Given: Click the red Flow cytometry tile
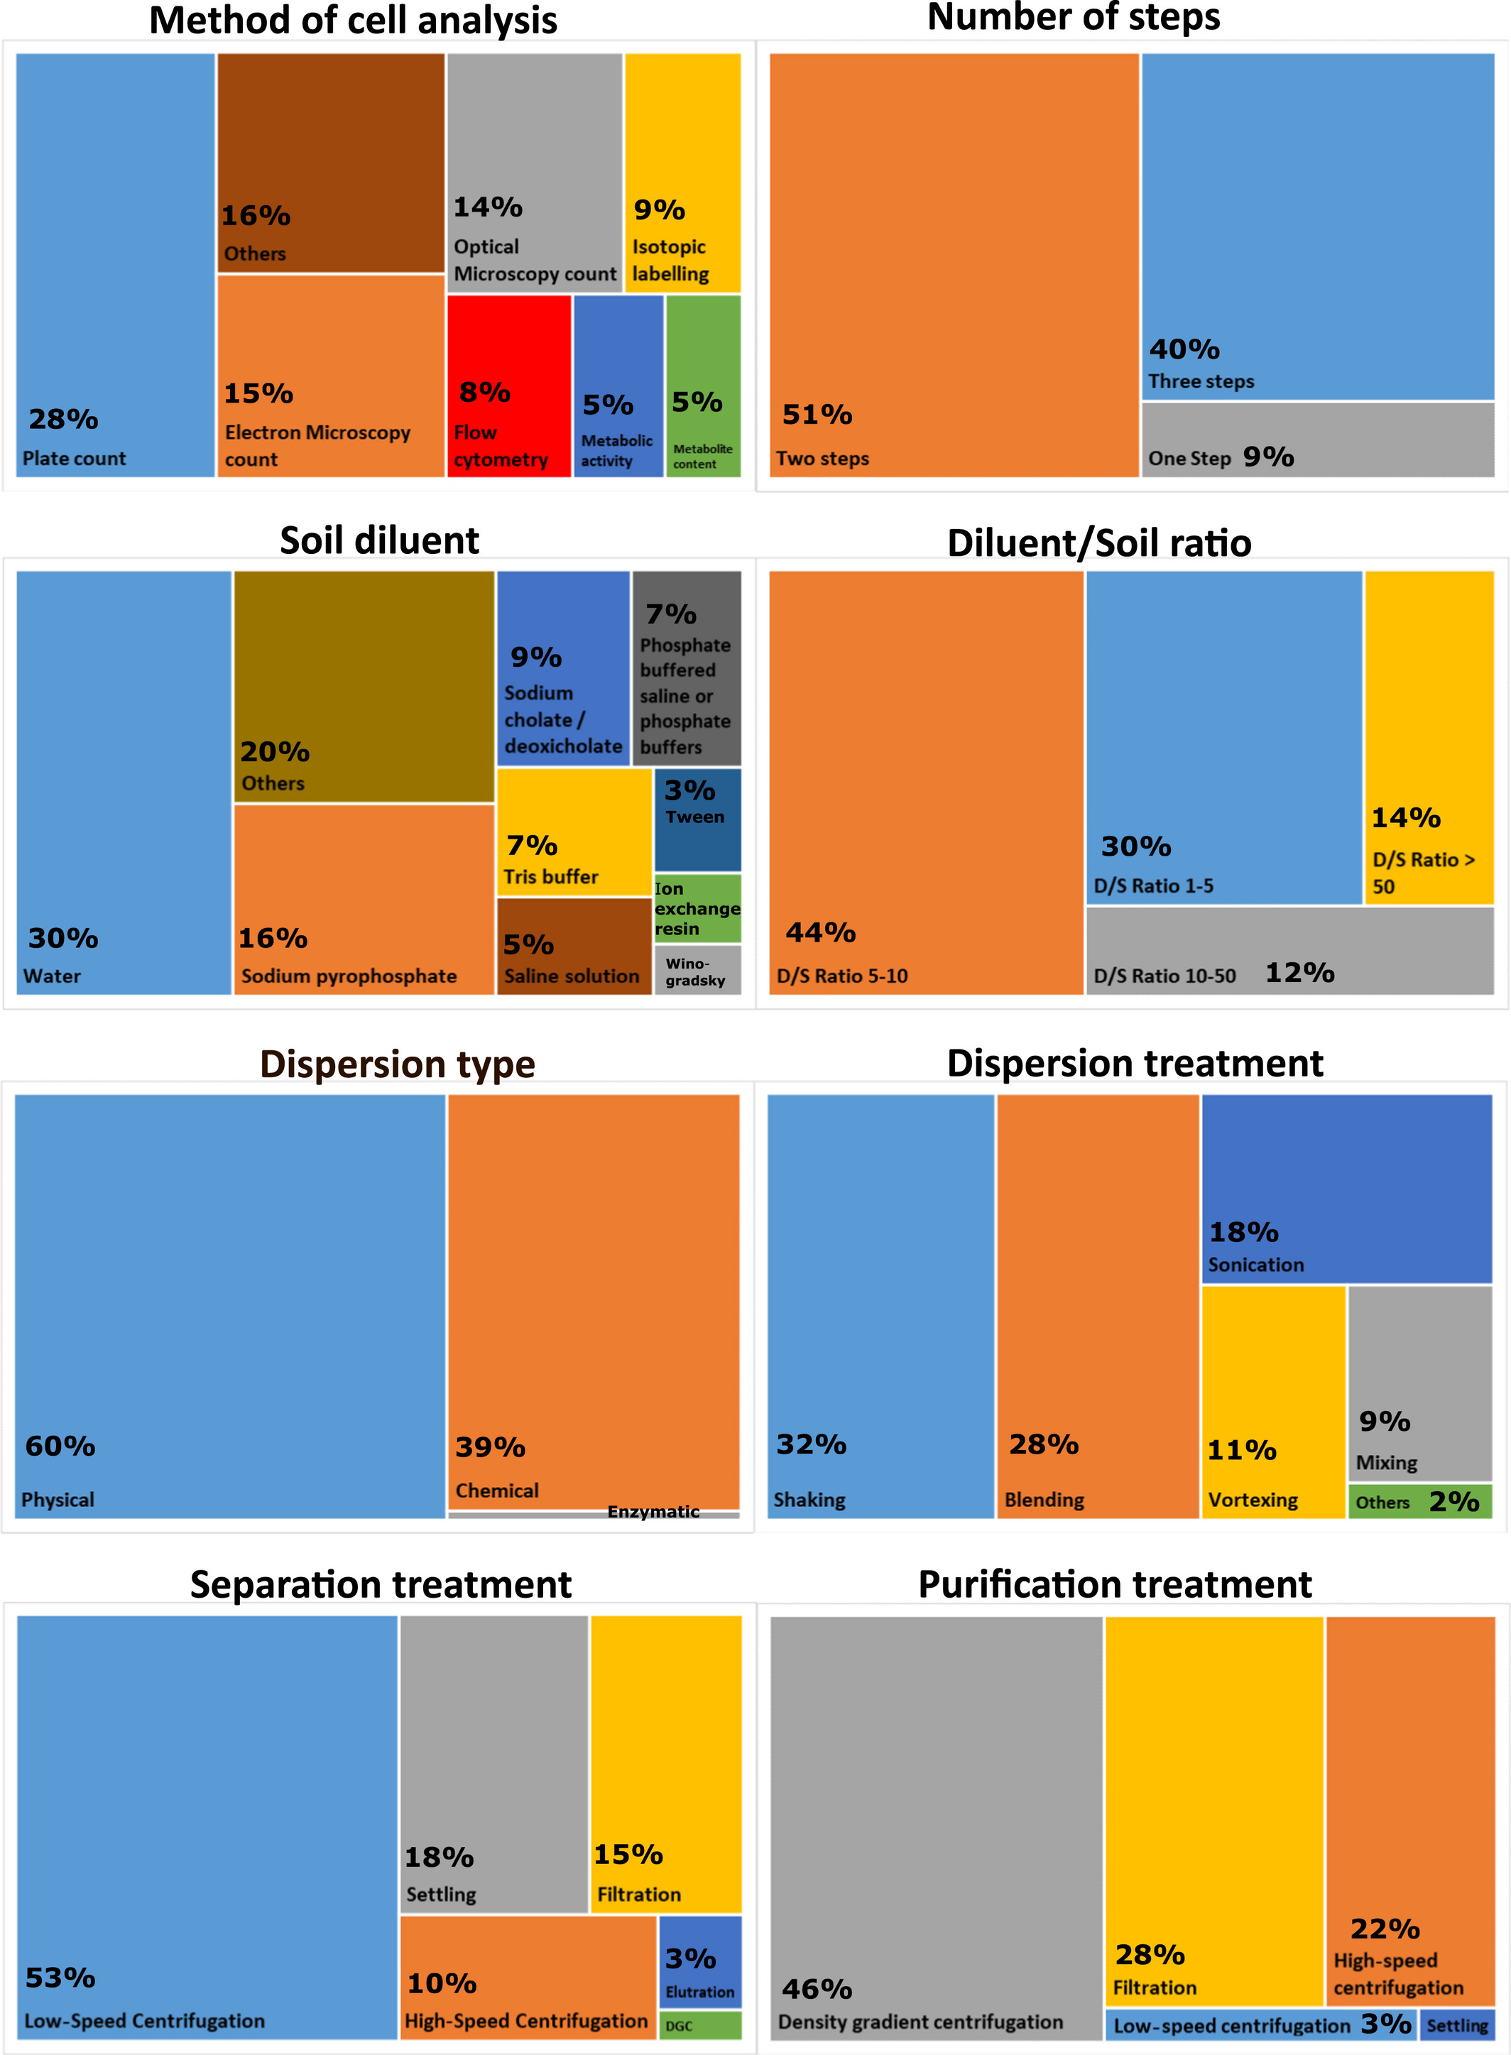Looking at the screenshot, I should coord(508,384).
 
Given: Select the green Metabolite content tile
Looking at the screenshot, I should coord(702,384).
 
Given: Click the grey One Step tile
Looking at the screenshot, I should coord(1317,440).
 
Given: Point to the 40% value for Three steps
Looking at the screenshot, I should coord(1184,349).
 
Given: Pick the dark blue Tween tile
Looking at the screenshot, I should coord(697,819).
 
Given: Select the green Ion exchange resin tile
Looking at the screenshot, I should coord(697,908).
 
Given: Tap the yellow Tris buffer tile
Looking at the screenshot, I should coord(574,832).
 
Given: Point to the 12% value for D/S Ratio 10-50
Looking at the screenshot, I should coord(1299,972).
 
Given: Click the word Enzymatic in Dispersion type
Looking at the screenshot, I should coord(653,1512).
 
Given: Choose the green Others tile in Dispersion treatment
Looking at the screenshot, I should coord(1419,1502).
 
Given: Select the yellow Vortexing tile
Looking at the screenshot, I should coord(1272,1401).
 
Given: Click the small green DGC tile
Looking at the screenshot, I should coord(699,2024).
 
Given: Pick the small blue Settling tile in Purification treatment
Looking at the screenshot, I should coord(1457,2024).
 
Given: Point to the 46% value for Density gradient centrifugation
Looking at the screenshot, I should coord(817,1988).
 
